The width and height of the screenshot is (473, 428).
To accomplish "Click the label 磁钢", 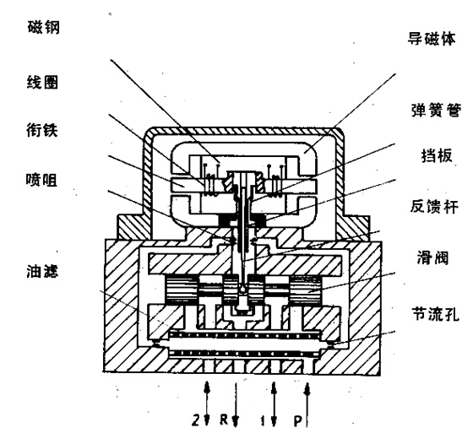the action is (x=44, y=27).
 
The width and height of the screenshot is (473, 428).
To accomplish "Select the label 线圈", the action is (x=42, y=82).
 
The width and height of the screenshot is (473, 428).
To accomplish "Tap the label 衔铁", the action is (x=41, y=130).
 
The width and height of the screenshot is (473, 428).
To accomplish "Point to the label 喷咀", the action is (x=41, y=180).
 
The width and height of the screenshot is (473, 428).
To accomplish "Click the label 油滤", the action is (x=42, y=271).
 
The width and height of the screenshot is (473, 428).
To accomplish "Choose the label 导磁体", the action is (x=432, y=39).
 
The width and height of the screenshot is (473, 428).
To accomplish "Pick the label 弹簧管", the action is (x=437, y=110).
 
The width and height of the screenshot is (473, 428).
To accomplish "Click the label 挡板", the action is (x=437, y=156).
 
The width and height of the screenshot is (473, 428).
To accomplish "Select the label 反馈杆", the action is (x=434, y=207).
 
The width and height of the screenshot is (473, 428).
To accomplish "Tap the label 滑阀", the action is (x=432, y=258).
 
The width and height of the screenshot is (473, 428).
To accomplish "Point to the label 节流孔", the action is (x=436, y=314).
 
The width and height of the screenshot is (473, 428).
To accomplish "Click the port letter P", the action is (x=298, y=420).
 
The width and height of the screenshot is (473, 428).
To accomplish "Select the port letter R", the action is (x=224, y=420).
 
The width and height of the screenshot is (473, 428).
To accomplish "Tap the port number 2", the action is (x=196, y=420).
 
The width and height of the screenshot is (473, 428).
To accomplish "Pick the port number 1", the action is (x=263, y=420).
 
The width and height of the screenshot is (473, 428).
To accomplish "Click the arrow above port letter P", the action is (x=307, y=404).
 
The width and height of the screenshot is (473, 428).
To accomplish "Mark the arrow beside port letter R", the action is (x=236, y=404).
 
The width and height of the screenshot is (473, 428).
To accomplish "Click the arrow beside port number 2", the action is (x=207, y=404).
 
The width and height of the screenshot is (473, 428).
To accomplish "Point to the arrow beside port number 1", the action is (x=274, y=404).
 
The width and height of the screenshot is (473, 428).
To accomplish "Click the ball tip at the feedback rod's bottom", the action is (x=243, y=290).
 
